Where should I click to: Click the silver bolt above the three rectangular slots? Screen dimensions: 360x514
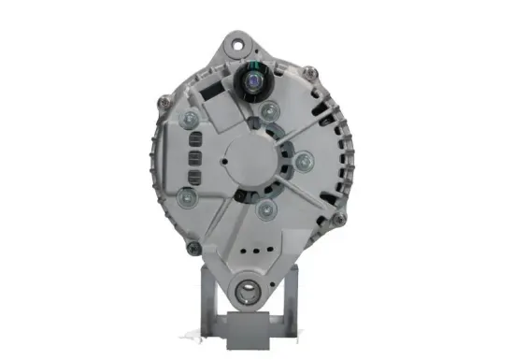(x=192, y=120)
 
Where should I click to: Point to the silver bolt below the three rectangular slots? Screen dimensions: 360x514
(x=189, y=198)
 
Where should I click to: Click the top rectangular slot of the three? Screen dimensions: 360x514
(x=195, y=142)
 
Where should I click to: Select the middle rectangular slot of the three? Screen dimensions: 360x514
(x=195, y=158)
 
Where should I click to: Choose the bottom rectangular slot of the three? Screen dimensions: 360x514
(x=195, y=175)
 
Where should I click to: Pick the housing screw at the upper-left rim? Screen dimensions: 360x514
(x=166, y=95)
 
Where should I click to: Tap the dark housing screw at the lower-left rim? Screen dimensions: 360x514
(x=193, y=248)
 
